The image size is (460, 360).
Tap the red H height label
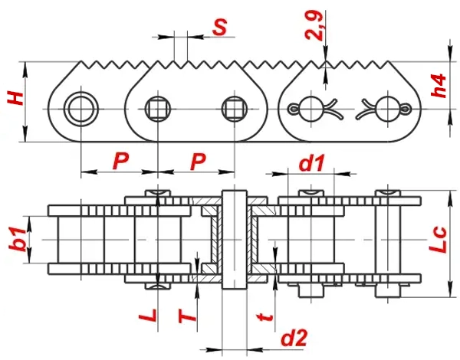coord(13,99)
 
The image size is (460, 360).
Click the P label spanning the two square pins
coord(198,161)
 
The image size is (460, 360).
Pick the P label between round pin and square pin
coord(120,161)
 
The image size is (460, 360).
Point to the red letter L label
coord(151,314)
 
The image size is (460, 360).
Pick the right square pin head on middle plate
coord(233,109)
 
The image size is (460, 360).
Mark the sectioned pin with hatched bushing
coord(233,238)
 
